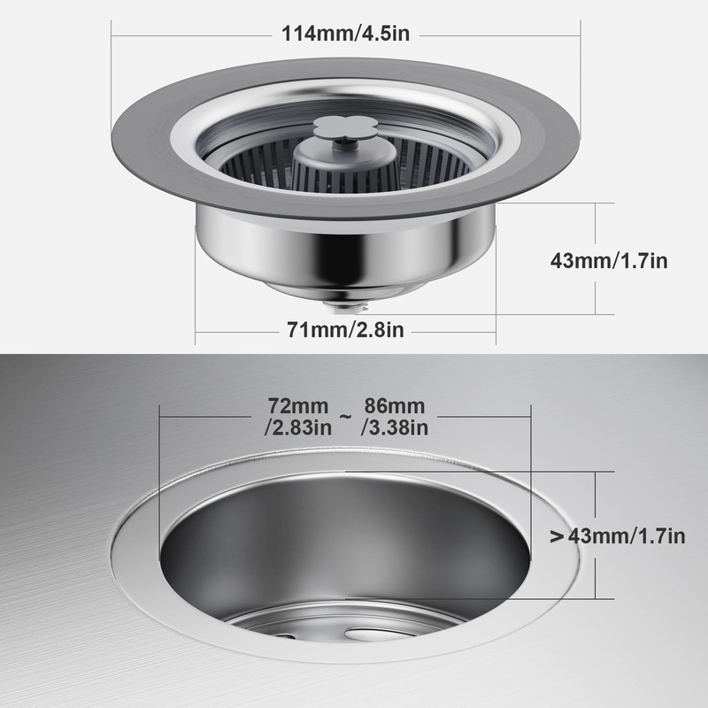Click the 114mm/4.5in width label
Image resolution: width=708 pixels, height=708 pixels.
344,35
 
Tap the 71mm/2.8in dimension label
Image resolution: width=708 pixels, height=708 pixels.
346,331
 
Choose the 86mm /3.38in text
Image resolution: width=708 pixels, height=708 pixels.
395,417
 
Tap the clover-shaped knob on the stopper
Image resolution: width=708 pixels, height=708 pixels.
339,127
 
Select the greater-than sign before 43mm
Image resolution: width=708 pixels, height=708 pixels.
557,535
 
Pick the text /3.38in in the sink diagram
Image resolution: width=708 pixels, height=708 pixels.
395,428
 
